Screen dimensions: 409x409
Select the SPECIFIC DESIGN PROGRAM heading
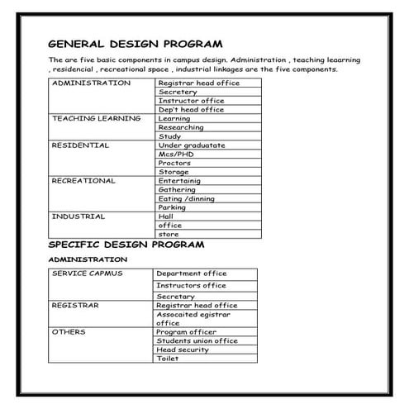126,245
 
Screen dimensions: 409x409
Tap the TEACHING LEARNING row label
97,118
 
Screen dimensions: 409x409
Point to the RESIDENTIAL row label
80,145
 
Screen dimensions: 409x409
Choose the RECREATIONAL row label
83,180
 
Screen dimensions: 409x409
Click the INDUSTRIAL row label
78,216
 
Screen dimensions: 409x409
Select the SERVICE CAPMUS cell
87,273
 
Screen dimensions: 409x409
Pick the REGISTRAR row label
75,305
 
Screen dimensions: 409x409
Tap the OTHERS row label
69,331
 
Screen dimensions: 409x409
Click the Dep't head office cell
191,109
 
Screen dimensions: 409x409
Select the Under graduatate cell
191,145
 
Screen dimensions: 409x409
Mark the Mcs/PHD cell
177,154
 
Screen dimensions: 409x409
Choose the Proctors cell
174,163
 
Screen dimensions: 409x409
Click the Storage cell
174,172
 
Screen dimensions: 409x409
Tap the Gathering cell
177,189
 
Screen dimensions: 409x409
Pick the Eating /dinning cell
186,198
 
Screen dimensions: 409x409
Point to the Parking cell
172,207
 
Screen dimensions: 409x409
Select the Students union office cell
197,340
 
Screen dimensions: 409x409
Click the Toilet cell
168,359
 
